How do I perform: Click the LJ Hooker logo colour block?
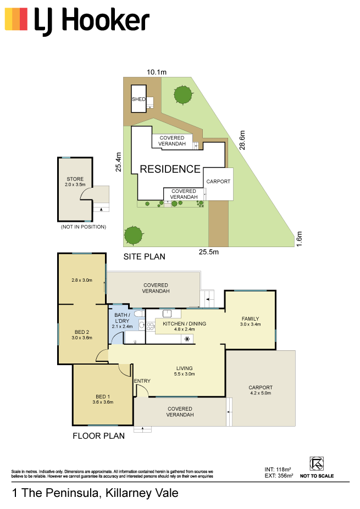(x=16, y=19)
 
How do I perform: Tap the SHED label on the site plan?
(x=139, y=99)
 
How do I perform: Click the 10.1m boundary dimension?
(x=157, y=72)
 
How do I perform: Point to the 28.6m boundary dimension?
(x=242, y=140)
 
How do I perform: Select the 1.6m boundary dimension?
(x=299, y=239)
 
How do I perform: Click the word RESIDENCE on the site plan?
(x=170, y=169)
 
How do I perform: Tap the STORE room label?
(x=75, y=179)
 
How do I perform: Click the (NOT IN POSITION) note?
(x=84, y=227)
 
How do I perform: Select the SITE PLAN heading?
(x=144, y=257)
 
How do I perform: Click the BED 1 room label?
(x=103, y=396)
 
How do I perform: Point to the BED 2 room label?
(x=82, y=332)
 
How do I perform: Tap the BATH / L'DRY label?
(x=122, y=318)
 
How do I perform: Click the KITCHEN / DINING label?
(x=184, y=323)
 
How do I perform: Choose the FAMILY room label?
(x=250, y=319)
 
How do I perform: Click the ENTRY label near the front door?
(x=142, y=381)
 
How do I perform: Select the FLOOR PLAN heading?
(x=99, y=436)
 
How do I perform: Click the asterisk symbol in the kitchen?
(x=187, y=339)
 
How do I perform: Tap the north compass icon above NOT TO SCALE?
(x=317, y=463)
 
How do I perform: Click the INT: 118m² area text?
(x=278, y=469)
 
